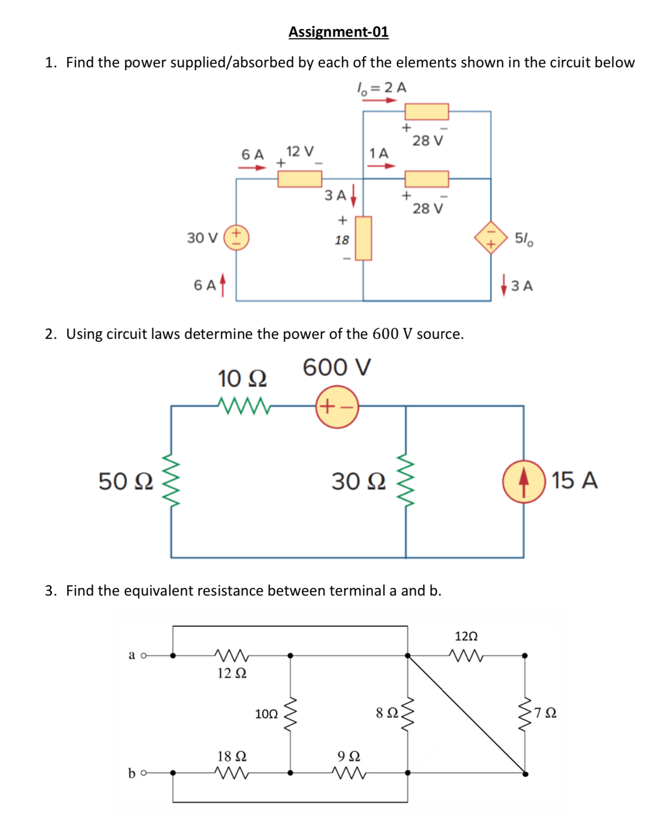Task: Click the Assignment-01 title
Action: click(338, 32)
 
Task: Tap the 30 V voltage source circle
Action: click(237, 237)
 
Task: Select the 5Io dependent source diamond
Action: click(491, 237)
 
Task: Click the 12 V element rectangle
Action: click(300, 179)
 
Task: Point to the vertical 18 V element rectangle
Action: click(363, 238)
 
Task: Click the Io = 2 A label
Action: click(381, 87)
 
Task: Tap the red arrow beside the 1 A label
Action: click(381, 166)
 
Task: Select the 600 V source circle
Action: click(337, 407)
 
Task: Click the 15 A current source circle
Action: click(524, 482)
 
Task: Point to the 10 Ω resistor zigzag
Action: click(243, 406)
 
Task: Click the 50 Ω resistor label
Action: click(125, 482)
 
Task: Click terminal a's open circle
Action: click(143, 656)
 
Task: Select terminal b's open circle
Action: click(143, 773)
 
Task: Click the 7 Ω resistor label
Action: click(546, 713)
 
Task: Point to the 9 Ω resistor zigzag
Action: click(349, 773)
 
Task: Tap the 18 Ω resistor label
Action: click(232, 756)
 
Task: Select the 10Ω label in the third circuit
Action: click(266, 714)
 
